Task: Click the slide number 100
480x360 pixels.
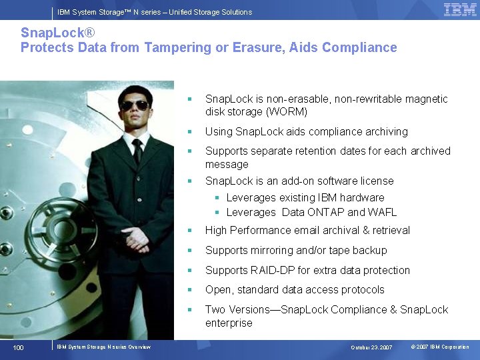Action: pyautogui.click(x=19, y=347)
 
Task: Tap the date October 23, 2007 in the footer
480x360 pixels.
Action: pyautogui.click(x=372, y=347)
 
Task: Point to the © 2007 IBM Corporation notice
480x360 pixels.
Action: pyautogui.click(x=440, y=347)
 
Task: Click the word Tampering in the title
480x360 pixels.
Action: pyautogui.click(x=167, y=47)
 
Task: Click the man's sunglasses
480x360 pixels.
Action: pyautogui.click(x=135, y=105)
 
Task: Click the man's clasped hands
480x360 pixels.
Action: pyautogui.click(x=137, y=237)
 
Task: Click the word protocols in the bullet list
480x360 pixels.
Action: pyautogui.click(x=361, y=289)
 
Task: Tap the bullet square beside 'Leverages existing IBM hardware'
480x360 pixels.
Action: pyautogui.click(x=217, y=198)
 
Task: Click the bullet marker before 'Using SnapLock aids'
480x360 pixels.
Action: pyautogui.click(x=190, y=132)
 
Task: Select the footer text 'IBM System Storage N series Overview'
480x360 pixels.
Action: pyautogui.click(x=103, y=347)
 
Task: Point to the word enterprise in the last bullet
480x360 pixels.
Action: pyautogui.click(x=229, y=323)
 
